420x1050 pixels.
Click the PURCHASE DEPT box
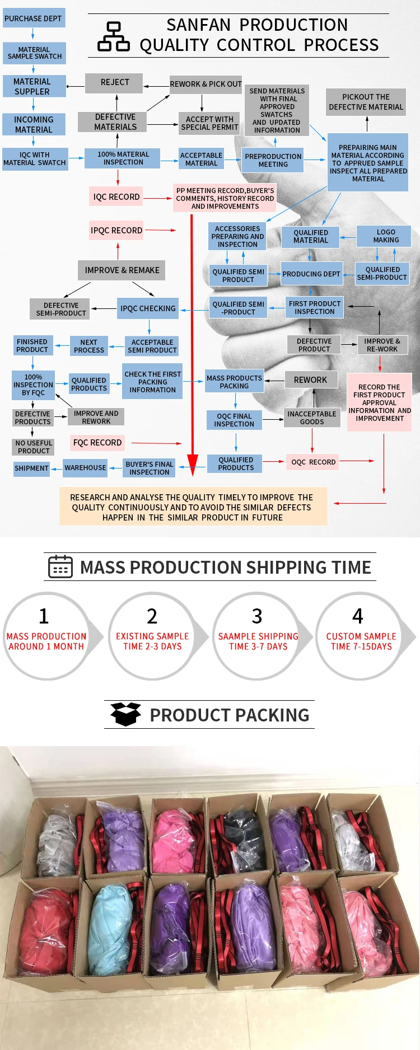[x=33, y=18]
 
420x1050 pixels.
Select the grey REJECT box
[x=114, y=82]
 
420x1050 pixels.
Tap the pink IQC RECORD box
[x=116, y=197]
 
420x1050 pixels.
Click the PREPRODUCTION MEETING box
[x=273, y=161]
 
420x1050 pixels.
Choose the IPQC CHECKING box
[x=148, y=308]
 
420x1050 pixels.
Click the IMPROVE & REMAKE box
[x=122, y=270]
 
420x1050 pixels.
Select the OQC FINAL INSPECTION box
[x=235, y=420]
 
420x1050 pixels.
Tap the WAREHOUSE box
[x=85, y=468]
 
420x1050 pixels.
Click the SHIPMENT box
[x=31, y=468]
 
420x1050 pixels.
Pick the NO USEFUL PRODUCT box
[x=34, y=447]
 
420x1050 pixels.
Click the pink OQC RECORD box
[x=314, y=462]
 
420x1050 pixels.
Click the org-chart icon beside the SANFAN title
[x=114, y=37]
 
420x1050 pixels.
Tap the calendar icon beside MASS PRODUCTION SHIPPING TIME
[x=60, y=566]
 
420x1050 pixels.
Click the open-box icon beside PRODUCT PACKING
[x=125, y=714]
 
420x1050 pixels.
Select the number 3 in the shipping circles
[x=257, y=616]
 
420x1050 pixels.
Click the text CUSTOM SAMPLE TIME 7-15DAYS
[x=361, y=641]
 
